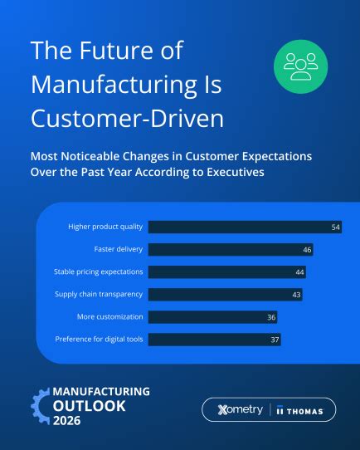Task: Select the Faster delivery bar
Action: (231, 249)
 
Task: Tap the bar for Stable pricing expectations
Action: (228, 271)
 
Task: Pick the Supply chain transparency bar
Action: (226, 294)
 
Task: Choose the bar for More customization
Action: (213, 316)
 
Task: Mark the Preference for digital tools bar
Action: (215, 339)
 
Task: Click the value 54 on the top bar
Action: (335, 227)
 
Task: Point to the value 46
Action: (306, 249)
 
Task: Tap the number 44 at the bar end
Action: (299, 271)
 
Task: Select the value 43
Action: (296, 294)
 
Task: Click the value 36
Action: (270, 316)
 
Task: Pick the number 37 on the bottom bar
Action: (275, 339)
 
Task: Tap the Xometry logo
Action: (239, 409)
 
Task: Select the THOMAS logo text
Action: (304, 409)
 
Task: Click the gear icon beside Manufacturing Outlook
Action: (39, 406)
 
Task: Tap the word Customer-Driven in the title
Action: (127, 118)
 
